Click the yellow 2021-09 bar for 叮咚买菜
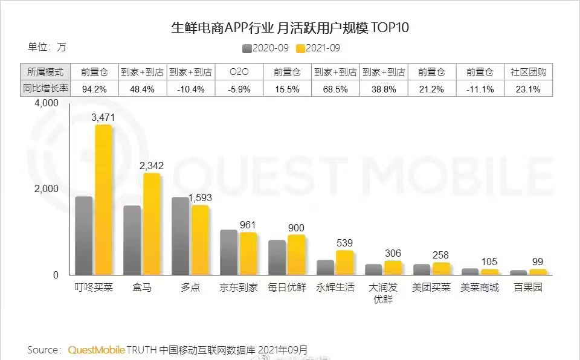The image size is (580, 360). coord(103,200)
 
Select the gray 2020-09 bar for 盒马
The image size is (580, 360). coord(132,240)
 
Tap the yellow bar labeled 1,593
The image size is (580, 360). coord(200,240)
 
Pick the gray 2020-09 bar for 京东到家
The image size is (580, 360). coord(228,252)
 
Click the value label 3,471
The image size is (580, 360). coord(103,117)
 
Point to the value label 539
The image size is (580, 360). coord(344,243)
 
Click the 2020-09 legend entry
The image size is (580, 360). coord(266,48)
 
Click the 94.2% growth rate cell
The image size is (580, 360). coord(95,89)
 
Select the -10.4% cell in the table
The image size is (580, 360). coord(191,89)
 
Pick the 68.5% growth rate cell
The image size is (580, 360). coord(336,89)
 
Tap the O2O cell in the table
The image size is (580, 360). coord(239,72)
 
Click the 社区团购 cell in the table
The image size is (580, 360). coord(529,72)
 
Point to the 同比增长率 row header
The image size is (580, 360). coord(46,89)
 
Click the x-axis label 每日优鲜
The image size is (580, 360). coord(288,288)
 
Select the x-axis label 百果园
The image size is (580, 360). coord(529,288)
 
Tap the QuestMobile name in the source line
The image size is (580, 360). coord(97,350)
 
